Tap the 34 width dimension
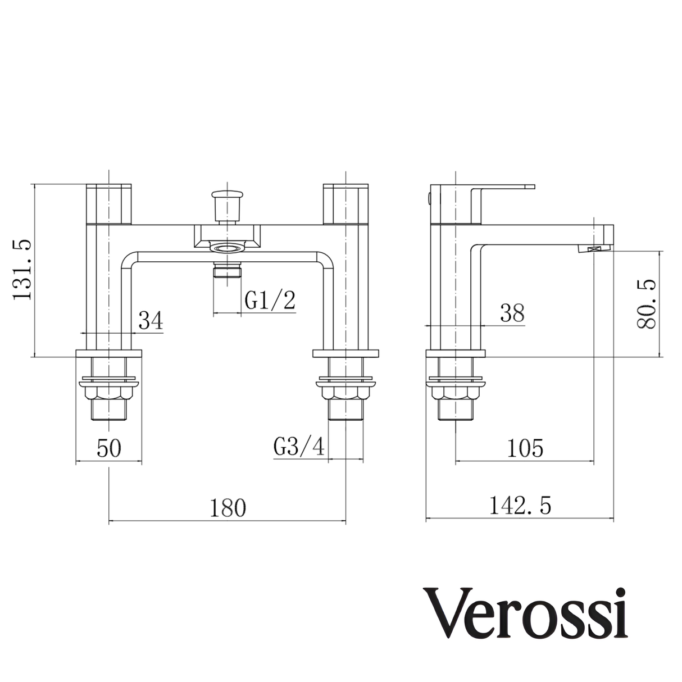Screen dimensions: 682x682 pos(151,321)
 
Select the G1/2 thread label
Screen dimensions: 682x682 pos(270,301)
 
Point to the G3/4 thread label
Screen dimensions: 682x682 pos(299,448)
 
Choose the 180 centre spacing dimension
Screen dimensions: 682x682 pos(228,508)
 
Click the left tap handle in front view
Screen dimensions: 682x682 pos(109,203)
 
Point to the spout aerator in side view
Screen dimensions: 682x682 pos(594,251)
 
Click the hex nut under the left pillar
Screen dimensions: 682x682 pos(108,393)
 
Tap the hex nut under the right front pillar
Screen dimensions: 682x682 pos(344,393)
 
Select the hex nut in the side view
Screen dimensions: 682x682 pos(455,393)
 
